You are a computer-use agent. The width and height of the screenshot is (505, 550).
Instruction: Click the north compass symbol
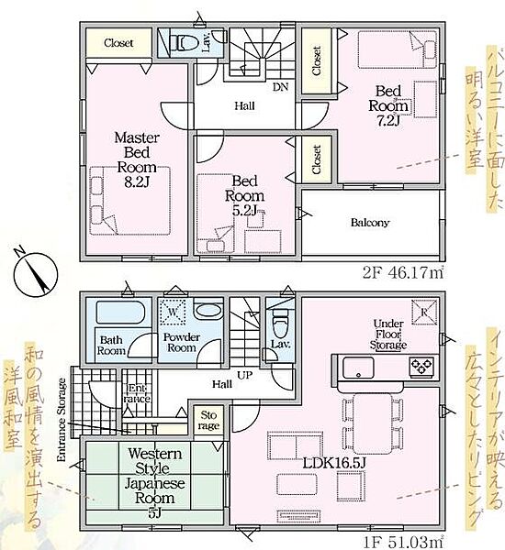click(35, 273)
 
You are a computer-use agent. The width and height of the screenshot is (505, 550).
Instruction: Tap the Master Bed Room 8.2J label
click(137, 159)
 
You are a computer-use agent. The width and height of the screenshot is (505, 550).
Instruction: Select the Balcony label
click(370, 223)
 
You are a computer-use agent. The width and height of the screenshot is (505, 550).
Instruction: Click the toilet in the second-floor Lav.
click(183, 43)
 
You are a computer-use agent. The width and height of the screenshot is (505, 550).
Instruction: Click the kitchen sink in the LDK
click(358, 368)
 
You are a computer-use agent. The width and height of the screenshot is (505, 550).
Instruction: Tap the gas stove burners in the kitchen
click(421, 366)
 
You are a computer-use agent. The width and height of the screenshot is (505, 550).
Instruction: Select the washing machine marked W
click(173, 312)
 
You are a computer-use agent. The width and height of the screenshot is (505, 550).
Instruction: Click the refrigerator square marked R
click(424, 312)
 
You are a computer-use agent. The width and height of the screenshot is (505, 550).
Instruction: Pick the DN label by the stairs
click(280, 87)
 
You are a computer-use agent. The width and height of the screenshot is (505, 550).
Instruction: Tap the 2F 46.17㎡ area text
click(403, 272)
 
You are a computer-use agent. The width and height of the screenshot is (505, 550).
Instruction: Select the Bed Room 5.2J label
click(245, 196)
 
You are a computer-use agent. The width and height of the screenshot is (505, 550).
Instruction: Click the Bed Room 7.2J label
click(388, 105)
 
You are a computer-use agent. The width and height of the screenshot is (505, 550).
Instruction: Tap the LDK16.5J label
click(334, 463)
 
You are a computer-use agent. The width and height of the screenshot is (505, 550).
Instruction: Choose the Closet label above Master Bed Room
click(118, 43)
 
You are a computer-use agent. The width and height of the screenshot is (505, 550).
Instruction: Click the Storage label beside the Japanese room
click(208, 420)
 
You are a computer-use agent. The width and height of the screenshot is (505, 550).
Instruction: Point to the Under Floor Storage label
click(388, 335)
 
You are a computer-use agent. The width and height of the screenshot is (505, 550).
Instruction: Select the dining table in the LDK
click(373, 423)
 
